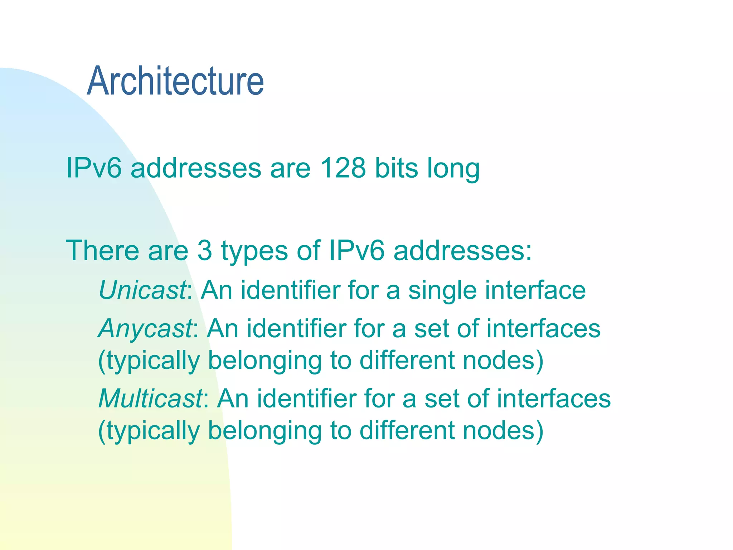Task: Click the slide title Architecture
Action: click(x=175, y=81)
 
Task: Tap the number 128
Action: click(x=343, y=168)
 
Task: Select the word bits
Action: click(x=396, y=168)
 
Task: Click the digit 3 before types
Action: click(x=205, y=250)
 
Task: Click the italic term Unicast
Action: click(x=142, y=290)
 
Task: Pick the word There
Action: click(x=102, y=250)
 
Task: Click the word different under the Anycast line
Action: click(x=407, y=360)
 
